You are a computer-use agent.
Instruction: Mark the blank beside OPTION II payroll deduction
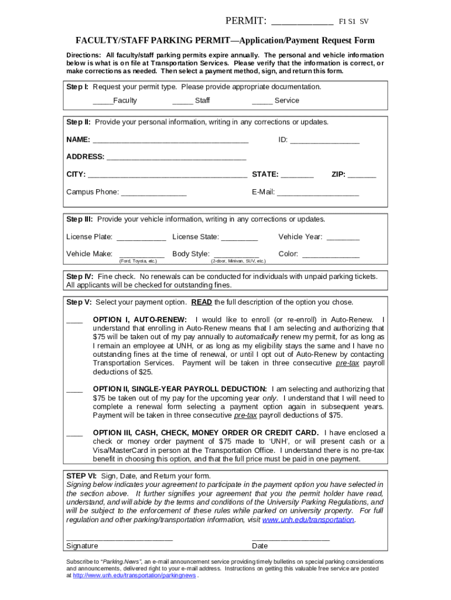tap(74, 390)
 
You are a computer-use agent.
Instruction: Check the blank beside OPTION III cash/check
tap(74, 434)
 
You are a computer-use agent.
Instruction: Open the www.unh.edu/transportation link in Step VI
tap(308, 520)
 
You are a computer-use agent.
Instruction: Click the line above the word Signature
tap(119, 538)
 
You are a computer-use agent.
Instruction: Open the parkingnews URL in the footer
tap(134, 575)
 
